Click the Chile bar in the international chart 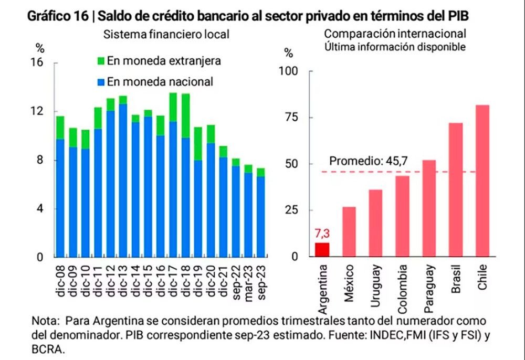(x=482, y=181)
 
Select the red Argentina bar (x=322, y=250)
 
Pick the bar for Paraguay (x=429, y=208)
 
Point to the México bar (x=349, y=231)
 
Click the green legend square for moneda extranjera (x=101, y=60)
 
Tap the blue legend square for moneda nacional (x=101, y=82)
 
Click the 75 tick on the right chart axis (x=292, y=117)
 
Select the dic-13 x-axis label (x=123, y=283)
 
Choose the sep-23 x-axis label (x=260, y=283)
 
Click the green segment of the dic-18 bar (x=186, y=115)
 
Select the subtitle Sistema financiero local (x=166, y=35)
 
